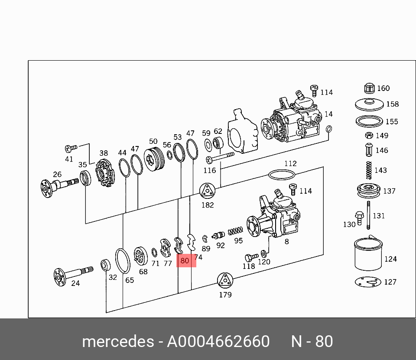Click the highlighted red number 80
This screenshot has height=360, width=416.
point(185,261)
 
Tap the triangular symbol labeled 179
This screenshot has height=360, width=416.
point(225,281)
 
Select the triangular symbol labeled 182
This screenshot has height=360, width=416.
point(207,191)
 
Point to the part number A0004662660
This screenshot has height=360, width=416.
point(218,342)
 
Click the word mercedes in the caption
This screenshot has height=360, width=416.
point(117,342)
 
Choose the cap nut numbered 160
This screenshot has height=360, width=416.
point(369,88)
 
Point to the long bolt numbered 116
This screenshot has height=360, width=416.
point(220,156)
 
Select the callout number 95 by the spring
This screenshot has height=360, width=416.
point(238,241)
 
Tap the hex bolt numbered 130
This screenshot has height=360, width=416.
point(359,216)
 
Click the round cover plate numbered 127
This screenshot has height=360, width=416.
point(368,282)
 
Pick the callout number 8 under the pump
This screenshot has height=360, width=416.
point(286,242)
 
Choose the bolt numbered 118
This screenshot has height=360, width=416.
point(251,257)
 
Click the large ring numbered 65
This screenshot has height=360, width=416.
point(123,261)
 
